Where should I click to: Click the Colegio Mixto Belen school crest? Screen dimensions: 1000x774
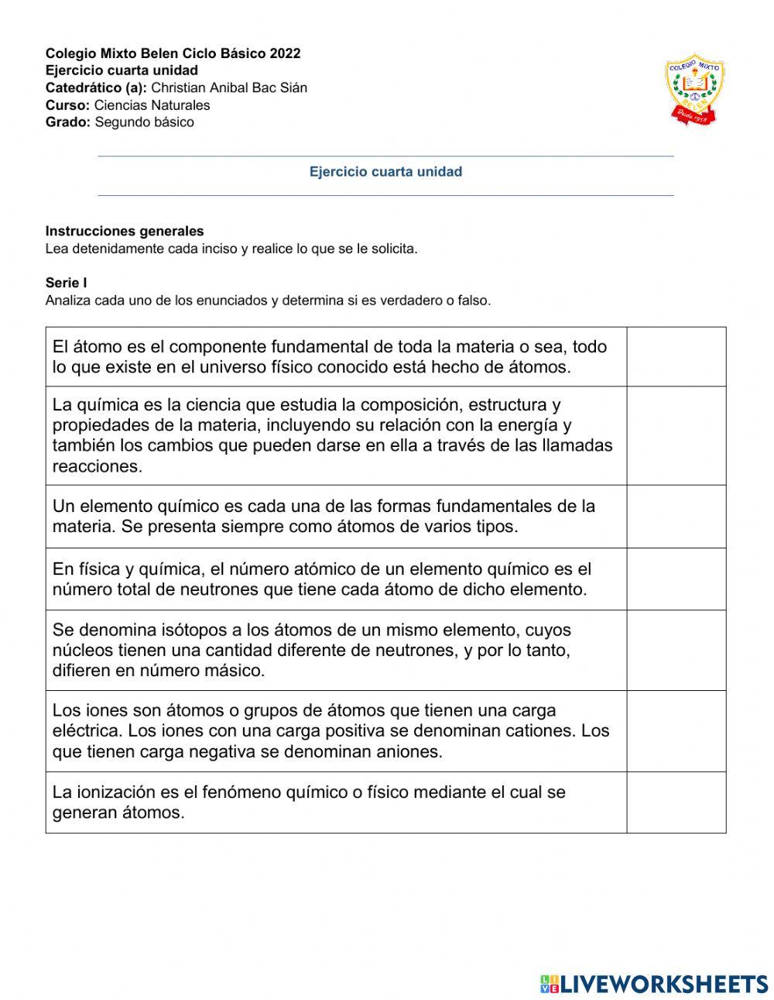(694, 89)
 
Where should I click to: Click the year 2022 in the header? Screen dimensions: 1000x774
(285, 53)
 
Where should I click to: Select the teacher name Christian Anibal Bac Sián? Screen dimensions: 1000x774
(229, 88)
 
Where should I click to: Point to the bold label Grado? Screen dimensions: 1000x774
(68, 122)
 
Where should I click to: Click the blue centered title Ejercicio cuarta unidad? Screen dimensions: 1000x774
(385, 172)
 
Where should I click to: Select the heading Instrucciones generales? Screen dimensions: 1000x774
(125, 231)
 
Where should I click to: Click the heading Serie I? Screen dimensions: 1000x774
(67, 284)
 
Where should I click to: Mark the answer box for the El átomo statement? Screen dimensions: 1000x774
(676, 357)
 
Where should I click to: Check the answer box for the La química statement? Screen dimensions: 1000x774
(676, 435)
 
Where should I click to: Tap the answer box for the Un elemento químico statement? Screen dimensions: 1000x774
(676, 517)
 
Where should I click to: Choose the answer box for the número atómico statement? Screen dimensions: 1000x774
(676, 579)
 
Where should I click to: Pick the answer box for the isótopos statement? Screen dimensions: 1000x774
(676, 651)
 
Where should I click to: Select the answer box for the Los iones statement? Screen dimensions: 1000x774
(676, 731)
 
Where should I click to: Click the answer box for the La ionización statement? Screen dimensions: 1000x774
(676, 802)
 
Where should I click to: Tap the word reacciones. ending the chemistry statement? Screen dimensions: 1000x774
(98, 466)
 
